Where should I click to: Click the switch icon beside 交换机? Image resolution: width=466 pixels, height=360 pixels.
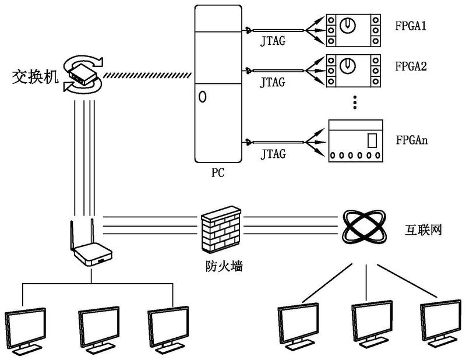click(82, 74)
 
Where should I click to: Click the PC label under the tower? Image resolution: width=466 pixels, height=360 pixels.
click(218, 173)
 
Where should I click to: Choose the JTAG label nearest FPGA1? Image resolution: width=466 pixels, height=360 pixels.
click(273, 42)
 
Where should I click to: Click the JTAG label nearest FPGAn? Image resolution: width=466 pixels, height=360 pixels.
click(273, 154)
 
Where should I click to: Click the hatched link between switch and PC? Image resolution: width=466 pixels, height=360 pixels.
click(148, 75)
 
